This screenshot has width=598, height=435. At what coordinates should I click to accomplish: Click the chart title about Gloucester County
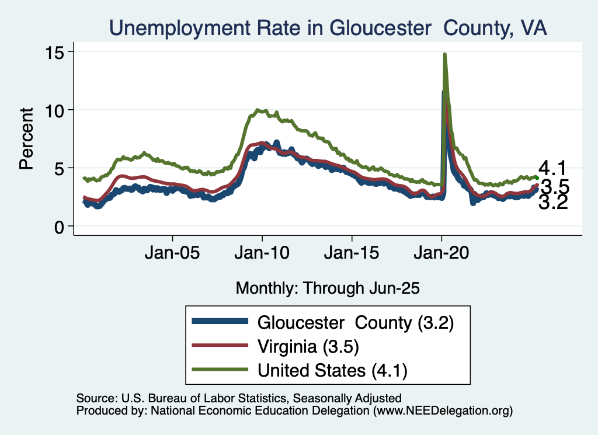328,27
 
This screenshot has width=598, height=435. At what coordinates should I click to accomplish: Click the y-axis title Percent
26,138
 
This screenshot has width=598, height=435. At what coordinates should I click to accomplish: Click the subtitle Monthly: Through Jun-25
328,288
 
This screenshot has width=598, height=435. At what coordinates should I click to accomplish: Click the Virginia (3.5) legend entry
308,346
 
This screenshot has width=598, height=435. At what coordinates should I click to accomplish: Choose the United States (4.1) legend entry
332,370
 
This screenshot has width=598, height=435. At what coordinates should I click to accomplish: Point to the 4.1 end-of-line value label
552,169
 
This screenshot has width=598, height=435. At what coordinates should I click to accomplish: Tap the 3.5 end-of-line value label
554,187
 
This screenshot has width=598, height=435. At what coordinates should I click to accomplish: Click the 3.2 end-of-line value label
552,203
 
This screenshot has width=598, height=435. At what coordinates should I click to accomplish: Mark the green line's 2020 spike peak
445,54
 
